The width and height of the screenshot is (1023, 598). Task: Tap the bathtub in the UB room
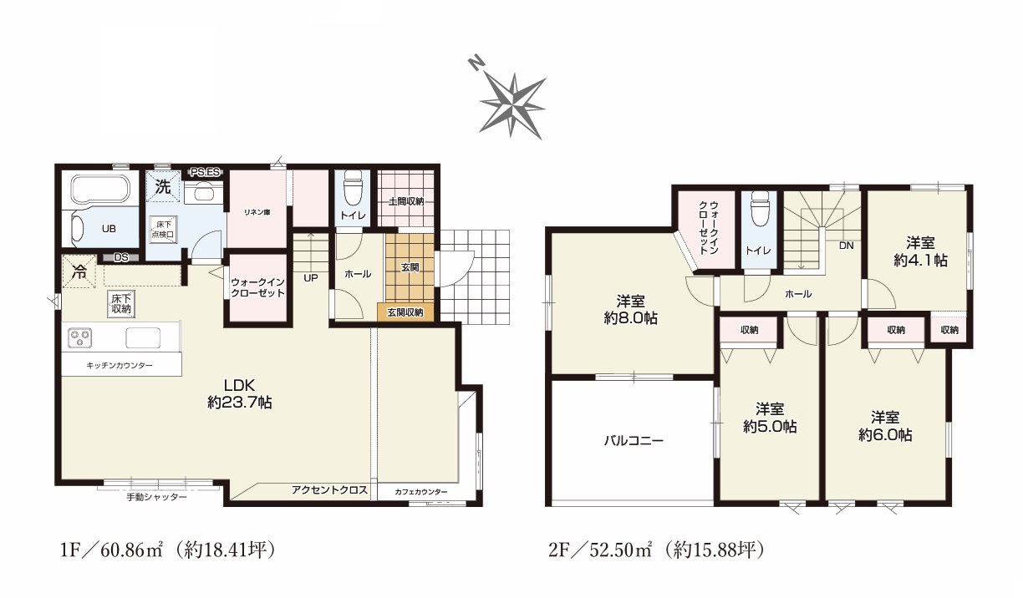click(x=101, y=191)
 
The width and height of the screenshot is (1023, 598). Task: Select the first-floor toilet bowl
click(x=352, y=188)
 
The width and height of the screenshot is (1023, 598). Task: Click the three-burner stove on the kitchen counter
click(x=79, y=337)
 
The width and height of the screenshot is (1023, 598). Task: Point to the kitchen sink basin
click(x=143, y=337)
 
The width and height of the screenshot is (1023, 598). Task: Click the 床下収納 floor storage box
click(x=121, y=303)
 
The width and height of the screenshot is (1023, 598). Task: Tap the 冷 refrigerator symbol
click(x=79, y=272)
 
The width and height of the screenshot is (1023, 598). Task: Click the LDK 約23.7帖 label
click(x=239, y=393)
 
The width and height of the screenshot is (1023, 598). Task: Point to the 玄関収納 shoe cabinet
click(x=405, y=312)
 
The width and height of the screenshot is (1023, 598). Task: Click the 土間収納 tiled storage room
click(x=405, y=199)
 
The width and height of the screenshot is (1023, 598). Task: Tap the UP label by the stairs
click(x=311, y=278)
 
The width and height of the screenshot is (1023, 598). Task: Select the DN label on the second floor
click(x=847, y=246)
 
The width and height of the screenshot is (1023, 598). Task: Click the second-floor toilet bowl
click(x=760, y=209)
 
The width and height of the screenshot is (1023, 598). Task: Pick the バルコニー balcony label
click(x=634, y=440)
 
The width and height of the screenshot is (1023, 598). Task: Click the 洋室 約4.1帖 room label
click(x=920, y=251)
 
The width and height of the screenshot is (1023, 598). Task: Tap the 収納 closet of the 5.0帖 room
click(x=749, y=330)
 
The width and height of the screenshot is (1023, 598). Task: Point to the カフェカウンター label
click(x=421, y=492)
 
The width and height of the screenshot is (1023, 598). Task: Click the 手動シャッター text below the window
click(x=156, y=497)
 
